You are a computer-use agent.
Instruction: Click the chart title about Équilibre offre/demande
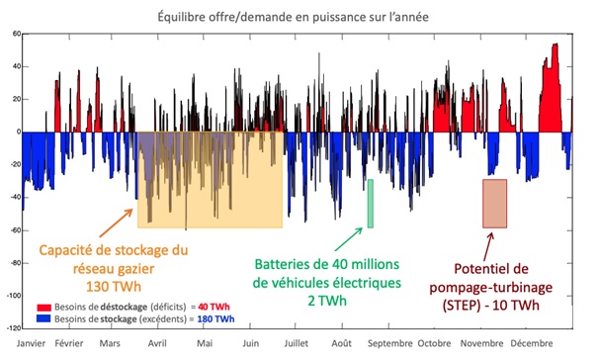pyautogui.click(x=297, y=16)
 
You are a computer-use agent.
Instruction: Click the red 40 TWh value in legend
pyautogui.click(x=218, y=309)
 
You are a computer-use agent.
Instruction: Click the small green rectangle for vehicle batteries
pyautogui.click(x=371, y=204)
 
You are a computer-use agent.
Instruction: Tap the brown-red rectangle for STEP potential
pyautogui.click(x=494, y=204)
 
